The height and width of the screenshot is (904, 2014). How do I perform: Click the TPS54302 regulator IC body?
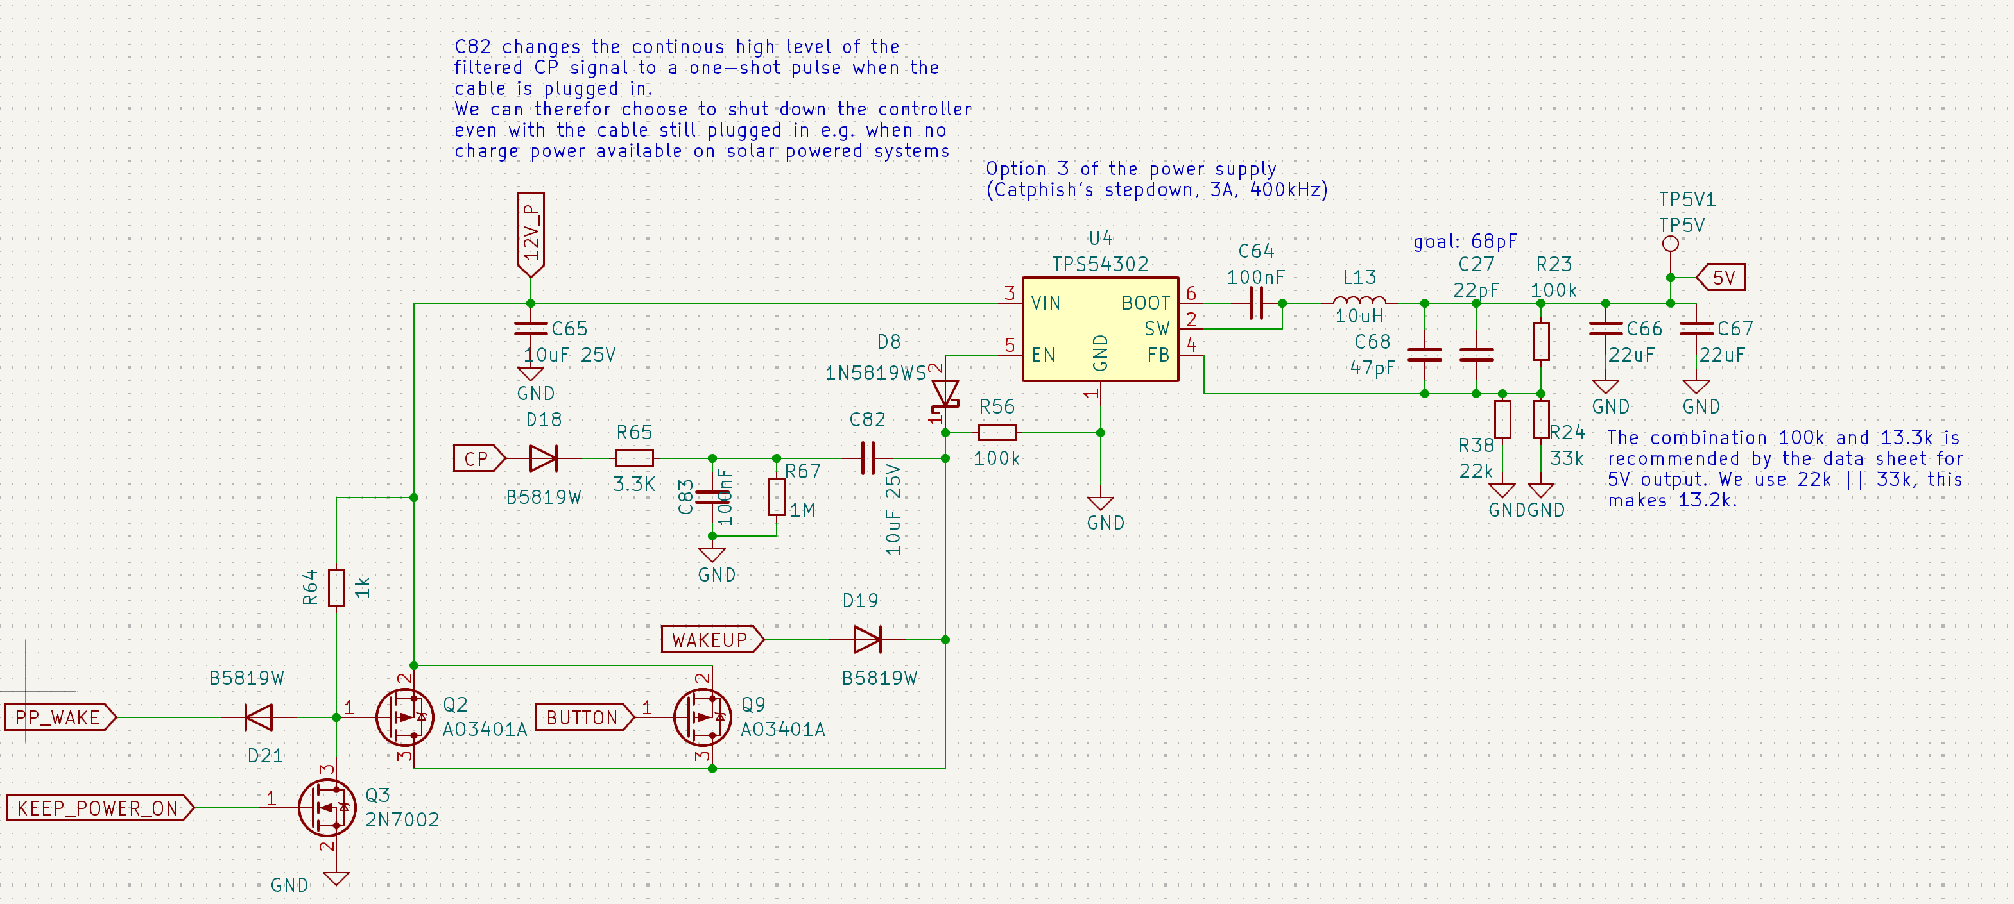(x=1100, y=329)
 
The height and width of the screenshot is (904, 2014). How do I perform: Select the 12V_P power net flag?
(x=531, y=235)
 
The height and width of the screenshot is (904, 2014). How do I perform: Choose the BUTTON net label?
(x=583, y=717)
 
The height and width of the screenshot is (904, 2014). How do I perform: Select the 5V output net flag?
(x=1723, y=278)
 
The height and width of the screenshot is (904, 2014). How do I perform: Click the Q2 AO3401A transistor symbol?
(x=405, y=717)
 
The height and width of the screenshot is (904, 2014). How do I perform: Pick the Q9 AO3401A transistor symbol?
(x=703, y=717)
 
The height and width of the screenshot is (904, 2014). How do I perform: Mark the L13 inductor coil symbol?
(x=1359, y=301)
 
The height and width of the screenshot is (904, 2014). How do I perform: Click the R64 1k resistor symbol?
(x=336, y=587)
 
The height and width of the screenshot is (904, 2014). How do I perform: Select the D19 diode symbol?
(x=867, y=640)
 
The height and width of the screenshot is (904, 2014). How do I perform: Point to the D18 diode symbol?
(x=544, y=458)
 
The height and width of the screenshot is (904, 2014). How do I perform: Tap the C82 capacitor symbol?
(x=867, y=458)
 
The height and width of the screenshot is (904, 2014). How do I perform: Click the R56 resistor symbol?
(x=997, y=432)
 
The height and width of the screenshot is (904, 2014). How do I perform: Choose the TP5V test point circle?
(x=1670, y=244)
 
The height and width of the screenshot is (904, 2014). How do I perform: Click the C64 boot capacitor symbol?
(x=1255, y=303)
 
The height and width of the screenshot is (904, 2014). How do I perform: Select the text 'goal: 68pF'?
(x=1465, y=242)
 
